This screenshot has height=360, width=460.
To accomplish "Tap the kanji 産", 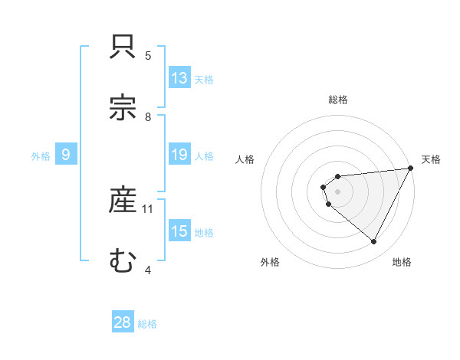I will [123, 201].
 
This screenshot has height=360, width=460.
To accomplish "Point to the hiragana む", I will [123, 260].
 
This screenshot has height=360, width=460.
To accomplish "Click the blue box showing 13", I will [179, 78].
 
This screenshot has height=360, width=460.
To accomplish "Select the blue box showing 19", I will [179, 155].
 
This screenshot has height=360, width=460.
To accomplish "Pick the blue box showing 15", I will [179, 231].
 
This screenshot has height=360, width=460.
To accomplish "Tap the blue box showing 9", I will [66, 155].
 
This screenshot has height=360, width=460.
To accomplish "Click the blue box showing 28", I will [123, 322].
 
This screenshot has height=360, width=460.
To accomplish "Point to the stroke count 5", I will [148, 55].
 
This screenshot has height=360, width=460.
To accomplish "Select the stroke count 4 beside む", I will [148, 270].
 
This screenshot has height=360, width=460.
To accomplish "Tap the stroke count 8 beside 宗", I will [148, 116].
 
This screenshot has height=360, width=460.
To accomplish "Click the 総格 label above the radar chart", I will [338, 100].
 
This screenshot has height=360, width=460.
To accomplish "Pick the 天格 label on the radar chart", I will [431, 159].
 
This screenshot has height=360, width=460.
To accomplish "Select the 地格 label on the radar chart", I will [402, 262].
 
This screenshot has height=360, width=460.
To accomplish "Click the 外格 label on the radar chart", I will [270, 262].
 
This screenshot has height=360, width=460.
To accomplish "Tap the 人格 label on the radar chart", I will [245, 159].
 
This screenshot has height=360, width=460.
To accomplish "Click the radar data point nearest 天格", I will [411, 169].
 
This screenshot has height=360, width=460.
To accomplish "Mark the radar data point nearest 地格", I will [374, 242].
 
